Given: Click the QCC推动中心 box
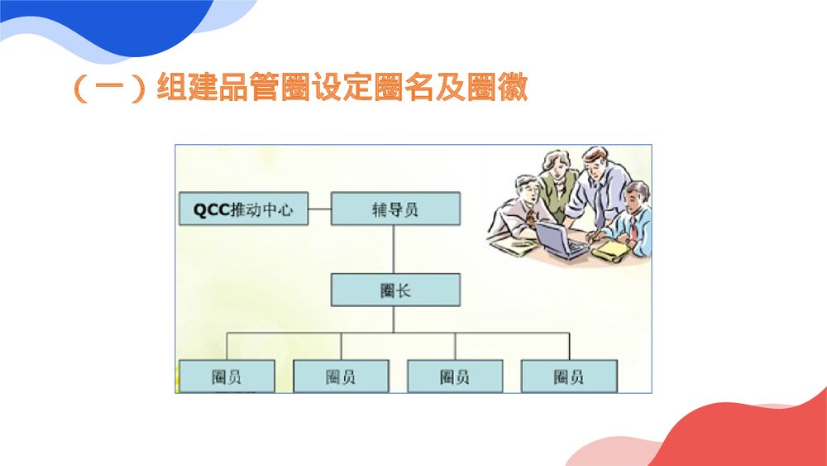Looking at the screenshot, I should pyautogui.click(x=243, y=209).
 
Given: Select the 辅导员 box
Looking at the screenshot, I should pyautogui.click(x=395, y=209).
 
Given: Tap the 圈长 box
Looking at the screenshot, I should pyautogui.click(x=395, y=291).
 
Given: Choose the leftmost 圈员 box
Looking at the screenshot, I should pyautogui.click(x=227, y=377).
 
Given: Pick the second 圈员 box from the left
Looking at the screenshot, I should pyautogui.click(x=341, y=377).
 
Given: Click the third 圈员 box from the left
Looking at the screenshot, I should pyautogui.click(x=455, y=377).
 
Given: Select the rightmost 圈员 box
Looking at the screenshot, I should pyautogui.click(x=569, y=377).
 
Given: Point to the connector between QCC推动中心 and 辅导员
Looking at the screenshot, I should pyautogui.click(x=319, y=209).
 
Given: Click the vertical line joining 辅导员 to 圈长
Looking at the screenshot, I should pyautogui.click(x=394, y=249).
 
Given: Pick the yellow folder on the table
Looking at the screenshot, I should pyautogui.click(x=612, y=248).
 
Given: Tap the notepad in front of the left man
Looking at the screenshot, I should pyautogui.click(x=509, y=247).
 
